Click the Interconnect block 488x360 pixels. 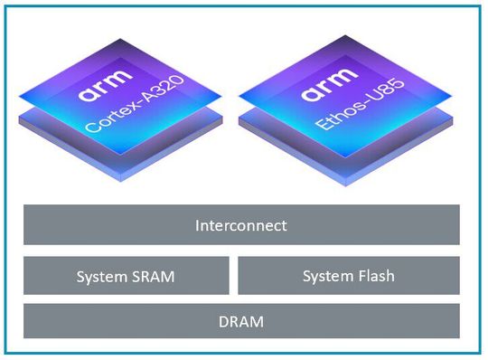[x=241, y=225]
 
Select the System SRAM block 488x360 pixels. [x=126, y=276]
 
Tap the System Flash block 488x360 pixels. [x=348, y=276]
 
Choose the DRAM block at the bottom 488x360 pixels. [x=241, y=321]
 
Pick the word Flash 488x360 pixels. [x=374, y=276]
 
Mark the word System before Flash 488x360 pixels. [x=327, y=276]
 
